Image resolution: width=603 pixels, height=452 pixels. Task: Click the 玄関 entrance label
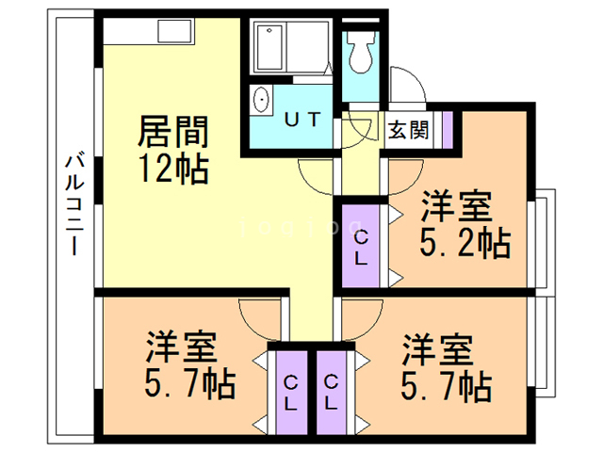click(x=409, y=127)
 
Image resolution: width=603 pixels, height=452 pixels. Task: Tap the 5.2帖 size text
click(x=464, y=244)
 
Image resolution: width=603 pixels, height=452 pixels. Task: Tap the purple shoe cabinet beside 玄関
click(x=448, y=126)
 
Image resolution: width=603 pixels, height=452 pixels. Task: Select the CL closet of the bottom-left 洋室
click(x=291, y=392)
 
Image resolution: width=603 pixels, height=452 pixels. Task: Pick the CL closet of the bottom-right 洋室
click(x=332, y=392)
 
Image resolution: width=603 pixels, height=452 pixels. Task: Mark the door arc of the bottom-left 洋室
click(x=258, y=315)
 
